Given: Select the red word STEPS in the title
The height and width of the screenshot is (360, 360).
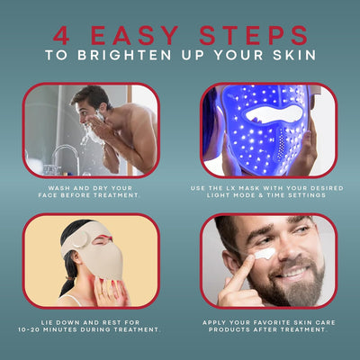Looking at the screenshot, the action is pyautogui.click(x=254, y=35).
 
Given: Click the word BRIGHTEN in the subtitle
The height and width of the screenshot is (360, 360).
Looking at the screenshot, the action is pyautogui.click(x=124, y=55).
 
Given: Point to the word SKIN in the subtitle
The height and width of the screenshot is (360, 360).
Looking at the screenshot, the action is pyautogui.click(x=294, y=55).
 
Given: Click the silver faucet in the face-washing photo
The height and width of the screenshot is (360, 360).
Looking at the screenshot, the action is pyautogui.click(x=66, y=156).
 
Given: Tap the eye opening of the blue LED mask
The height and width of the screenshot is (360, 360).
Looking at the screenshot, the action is pyautogui.click(x=273, y=114).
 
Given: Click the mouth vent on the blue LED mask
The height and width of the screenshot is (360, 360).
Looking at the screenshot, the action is pyautogui.click(x=282, y=145).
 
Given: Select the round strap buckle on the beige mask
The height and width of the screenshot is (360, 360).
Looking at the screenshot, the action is pyautogui.click(x=80, y=239).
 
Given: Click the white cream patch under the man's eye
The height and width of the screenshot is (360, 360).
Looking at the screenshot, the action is pyautogui.click(x=265, y=254).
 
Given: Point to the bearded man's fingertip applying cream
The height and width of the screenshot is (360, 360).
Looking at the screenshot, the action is pyautogui.click(x=249, y=260).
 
